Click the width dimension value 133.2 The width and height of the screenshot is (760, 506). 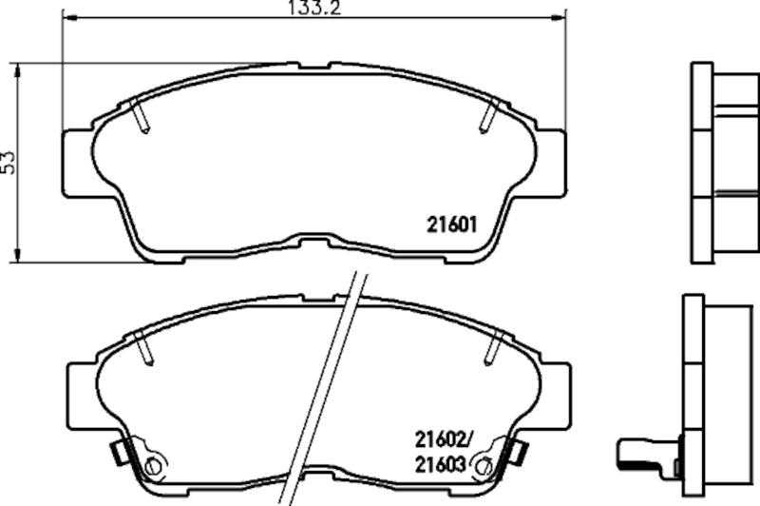click(x=313, y=10)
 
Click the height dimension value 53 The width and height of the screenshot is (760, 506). click(x=9, y=162)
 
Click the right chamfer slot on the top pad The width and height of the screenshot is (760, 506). click(x=488, y=116)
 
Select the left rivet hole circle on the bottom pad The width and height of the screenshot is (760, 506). click(x=153, y=466)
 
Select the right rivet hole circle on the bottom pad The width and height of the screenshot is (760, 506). click(x=482, y=466)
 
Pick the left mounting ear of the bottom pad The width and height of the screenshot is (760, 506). click(x=80, y=392)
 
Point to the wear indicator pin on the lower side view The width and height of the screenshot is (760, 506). click(x=642, y=449)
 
